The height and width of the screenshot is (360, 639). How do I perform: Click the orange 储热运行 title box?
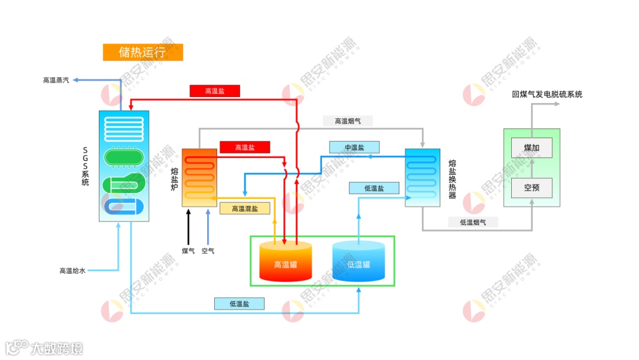pyautogui.click(x=143, y=52)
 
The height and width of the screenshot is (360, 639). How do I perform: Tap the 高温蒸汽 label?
pyautogui.click(x=56, y=80)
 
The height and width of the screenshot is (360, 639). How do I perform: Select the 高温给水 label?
pyautogui.click(x=72, y=271)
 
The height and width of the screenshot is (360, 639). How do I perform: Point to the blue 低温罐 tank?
pyautogui.click(x=359, y=264)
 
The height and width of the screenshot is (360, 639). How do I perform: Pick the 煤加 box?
pyautogui.click(x=531, y=147)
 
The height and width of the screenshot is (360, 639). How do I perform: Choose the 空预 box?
pyautogui.click(x=531, y=188)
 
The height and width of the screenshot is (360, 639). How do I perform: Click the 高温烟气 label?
pyautogui.click(x=348, y=121)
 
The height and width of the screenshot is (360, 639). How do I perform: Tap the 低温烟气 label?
pyautogui.click(x=473, y=222)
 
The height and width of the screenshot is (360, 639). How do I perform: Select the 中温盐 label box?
pyautogui.click(x=354, y=147)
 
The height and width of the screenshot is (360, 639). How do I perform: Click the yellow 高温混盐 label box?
pyautogui.click(x=244, y=208)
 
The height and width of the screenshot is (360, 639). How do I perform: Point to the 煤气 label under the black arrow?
pyautogui.click(x=188, y=251)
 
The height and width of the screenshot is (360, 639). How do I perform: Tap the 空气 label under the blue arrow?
pyautogui.click(x=208, y=251)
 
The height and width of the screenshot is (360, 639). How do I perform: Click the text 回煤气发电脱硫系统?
pyautogui.click(x=547, y=94)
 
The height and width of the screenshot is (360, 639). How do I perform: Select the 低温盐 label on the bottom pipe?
pyautogui.click(x=239, y=304)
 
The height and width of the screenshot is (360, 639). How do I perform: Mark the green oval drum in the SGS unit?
pyautogui.click(x=124, y=157)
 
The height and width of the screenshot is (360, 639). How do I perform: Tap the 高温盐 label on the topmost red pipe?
pyautogui.click(x=215, y=91)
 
